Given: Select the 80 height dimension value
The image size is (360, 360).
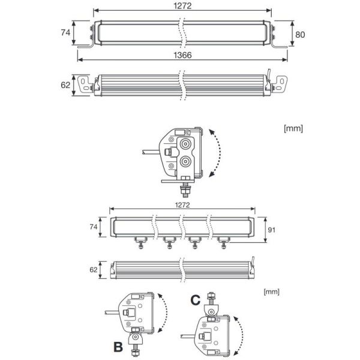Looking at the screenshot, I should point(300,34).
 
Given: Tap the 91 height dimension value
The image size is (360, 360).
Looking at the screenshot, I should point(271,229).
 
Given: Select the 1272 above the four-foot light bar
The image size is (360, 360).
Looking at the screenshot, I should point(183,205).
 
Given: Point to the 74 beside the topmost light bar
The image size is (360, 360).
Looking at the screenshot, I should point(65,32).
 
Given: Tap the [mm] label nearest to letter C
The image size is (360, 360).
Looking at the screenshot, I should point(271,291).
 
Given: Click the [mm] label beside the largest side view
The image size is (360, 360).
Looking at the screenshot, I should point(293,128).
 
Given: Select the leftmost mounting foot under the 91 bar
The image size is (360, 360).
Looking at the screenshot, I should point(140,241).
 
